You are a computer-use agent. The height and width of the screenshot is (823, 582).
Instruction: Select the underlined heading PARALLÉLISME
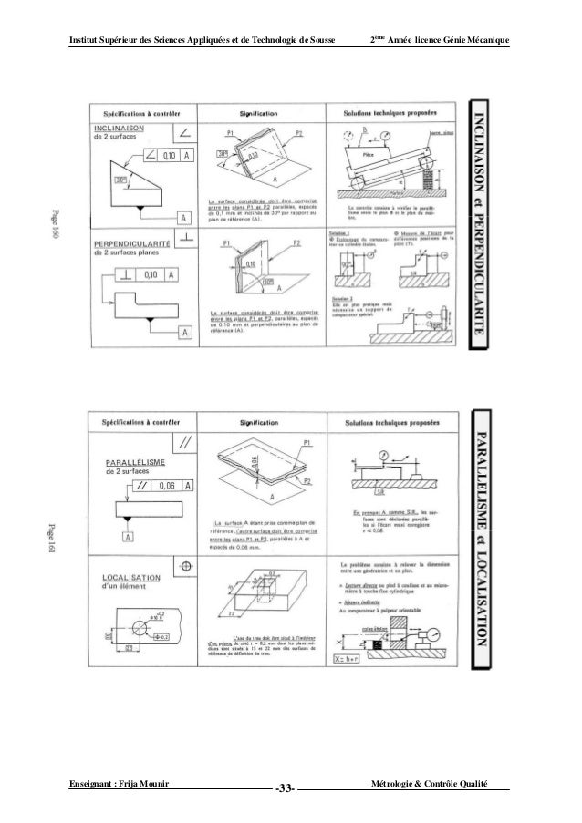pyautogui.click(x=135, y=461)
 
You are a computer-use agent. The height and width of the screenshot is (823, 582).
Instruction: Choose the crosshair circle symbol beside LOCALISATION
pyautogui.click(x=186, y=565)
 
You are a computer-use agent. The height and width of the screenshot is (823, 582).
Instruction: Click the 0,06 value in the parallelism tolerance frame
pyautogui.click(x=165, y=485)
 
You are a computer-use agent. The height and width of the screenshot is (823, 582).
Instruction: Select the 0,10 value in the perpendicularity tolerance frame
pyautogui.click(x=151, y=273)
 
